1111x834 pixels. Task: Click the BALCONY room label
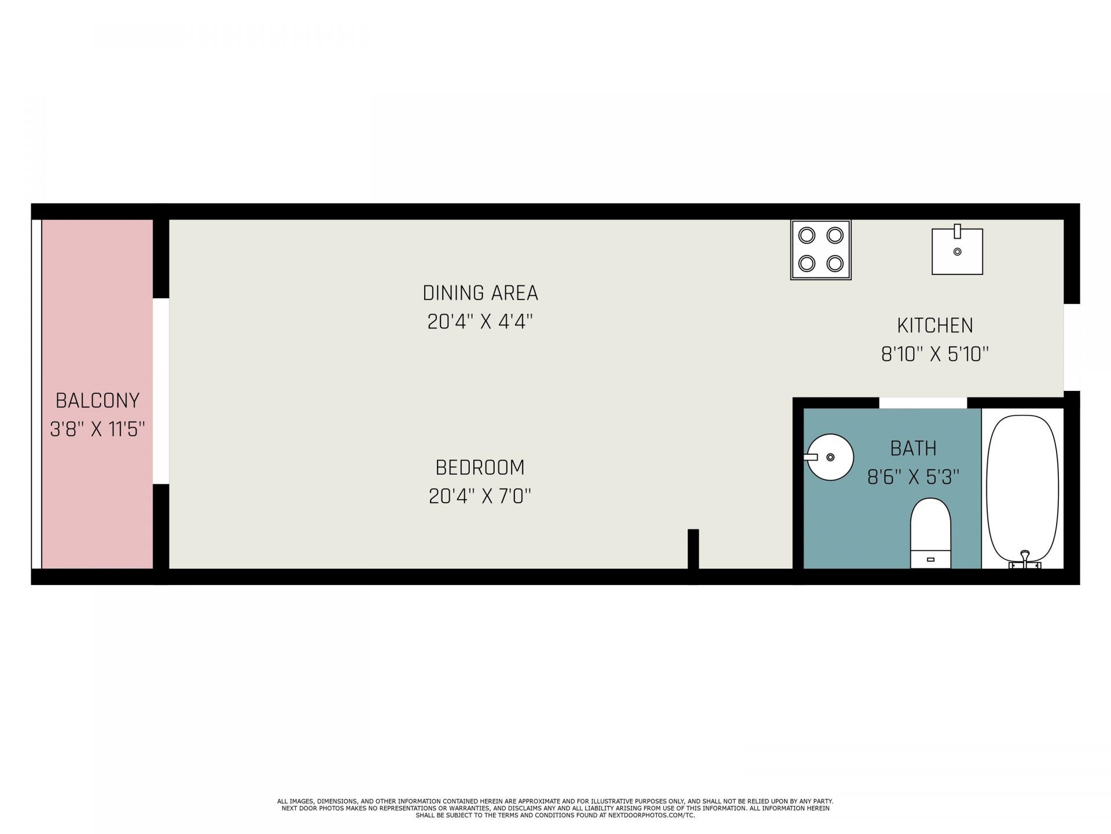tap(97, 400)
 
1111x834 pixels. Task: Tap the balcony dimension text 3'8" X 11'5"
tap(97, 429)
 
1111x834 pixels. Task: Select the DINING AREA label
tap(480, 293)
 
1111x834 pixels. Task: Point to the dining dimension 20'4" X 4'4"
tap(480, 321)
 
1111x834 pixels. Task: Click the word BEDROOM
tap(480, 467)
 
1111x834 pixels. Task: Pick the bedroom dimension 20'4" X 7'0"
tap(480, 496)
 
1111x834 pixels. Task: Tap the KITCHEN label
tap(935, 325)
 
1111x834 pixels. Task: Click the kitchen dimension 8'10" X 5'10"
tap(935, 354)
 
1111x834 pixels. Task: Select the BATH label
tap(913, 448)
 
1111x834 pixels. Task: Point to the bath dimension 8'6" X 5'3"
tap(913, 477)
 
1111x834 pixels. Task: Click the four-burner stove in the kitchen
tap(821, 250)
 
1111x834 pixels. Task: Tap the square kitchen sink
tap(957, 250)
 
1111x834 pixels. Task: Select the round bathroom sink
tap(830, 457)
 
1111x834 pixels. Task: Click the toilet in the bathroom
tap(930, 533)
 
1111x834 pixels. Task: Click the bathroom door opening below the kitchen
tap(923, 403)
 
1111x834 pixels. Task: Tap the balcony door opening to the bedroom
tap(161, 391)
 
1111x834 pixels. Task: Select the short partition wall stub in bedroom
tap(693, 549)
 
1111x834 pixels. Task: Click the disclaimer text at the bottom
tap(555, 808)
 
